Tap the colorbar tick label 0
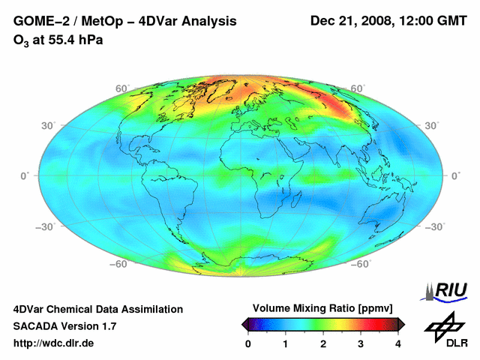pos(248,343)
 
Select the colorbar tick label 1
pos(286,343)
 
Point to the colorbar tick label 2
pos(323,343)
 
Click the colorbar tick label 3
pos(361,343)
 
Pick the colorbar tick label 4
pos(398,343)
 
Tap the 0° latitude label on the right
pos(455,175)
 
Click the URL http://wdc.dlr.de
pos(54,343)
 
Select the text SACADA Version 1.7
pos(64,326)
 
